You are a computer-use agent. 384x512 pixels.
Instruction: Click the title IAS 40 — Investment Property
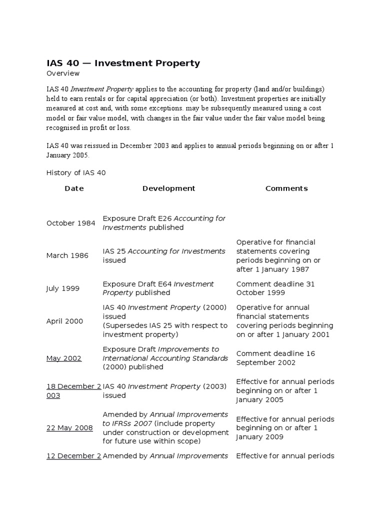coord(123,63)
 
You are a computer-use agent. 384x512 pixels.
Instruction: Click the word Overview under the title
coord(63,73)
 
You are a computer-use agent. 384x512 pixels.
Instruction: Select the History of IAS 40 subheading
coord(76,173)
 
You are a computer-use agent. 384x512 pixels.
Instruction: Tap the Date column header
coord(74,188)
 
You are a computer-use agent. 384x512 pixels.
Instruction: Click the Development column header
coord(168,188)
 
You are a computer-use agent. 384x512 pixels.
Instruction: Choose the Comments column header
coord(286,188)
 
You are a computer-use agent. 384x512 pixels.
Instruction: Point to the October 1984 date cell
coord(70,223)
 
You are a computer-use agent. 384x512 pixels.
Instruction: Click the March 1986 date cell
coord(67,255)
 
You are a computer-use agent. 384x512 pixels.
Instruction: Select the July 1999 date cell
coord(63,288)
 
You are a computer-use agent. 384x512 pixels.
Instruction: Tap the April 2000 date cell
coord(65,321)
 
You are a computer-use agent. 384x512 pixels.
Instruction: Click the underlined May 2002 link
coord(64,358)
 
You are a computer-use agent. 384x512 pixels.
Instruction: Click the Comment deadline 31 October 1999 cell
coord(275,288)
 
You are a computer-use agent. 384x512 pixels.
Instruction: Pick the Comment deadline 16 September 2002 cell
coord(275,358)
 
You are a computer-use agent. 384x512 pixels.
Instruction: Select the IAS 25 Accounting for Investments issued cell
coord(164,255)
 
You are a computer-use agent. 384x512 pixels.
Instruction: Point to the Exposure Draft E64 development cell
coord(158,288)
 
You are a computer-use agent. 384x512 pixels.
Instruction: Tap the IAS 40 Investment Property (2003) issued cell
coord(165,391)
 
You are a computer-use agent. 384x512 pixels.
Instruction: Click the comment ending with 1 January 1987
coord(279,255)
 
